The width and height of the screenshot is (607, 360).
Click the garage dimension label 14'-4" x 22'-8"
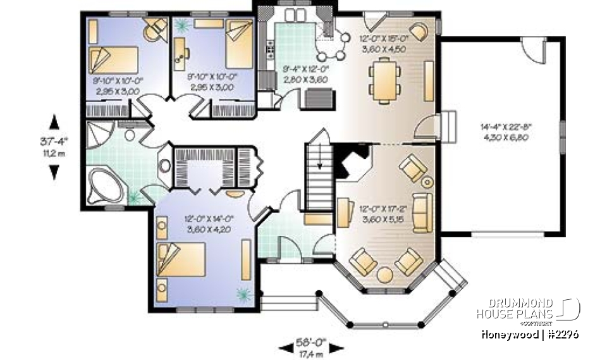point(504,132)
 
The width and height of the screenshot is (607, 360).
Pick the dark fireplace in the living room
point(349,163)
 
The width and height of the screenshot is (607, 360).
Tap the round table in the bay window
point(384,275)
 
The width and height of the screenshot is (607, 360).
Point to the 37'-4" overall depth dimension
point(54,146)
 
